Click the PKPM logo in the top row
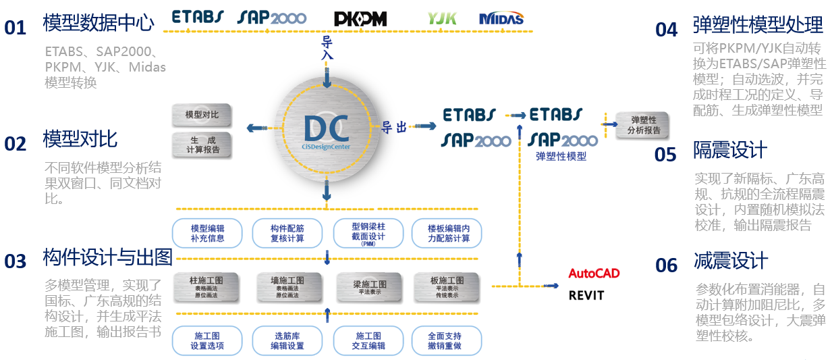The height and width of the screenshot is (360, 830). click(x=360, y=19)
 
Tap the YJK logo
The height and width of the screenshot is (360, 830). click(x=442, y=18)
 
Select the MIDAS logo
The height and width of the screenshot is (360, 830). click(x=501, y=18)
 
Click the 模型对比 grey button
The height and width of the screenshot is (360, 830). click(x=202, y=115)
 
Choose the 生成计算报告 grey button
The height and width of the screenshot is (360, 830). click(x=202, y=145)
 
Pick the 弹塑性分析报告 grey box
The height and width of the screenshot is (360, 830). click(x=643, y=125)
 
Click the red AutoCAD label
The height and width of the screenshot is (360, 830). click(x=594, y=274)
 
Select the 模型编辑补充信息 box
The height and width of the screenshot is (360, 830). click(x=207, y=233)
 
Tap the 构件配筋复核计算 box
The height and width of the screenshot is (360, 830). click(x=287, y=233)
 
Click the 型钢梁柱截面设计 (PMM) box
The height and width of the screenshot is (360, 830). click(x=368, y=233)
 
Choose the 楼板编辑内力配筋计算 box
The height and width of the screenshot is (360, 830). click(x=449, y=233)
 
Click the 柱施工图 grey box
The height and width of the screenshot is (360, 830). click(x=207, y=287)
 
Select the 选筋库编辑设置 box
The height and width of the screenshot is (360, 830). click(x=287, y=341)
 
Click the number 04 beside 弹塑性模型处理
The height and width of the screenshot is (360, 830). click(x=666, y=29)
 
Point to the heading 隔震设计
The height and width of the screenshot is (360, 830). click(x=730, y=149)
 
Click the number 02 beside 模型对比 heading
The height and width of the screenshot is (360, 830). click(x=15, y=144)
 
